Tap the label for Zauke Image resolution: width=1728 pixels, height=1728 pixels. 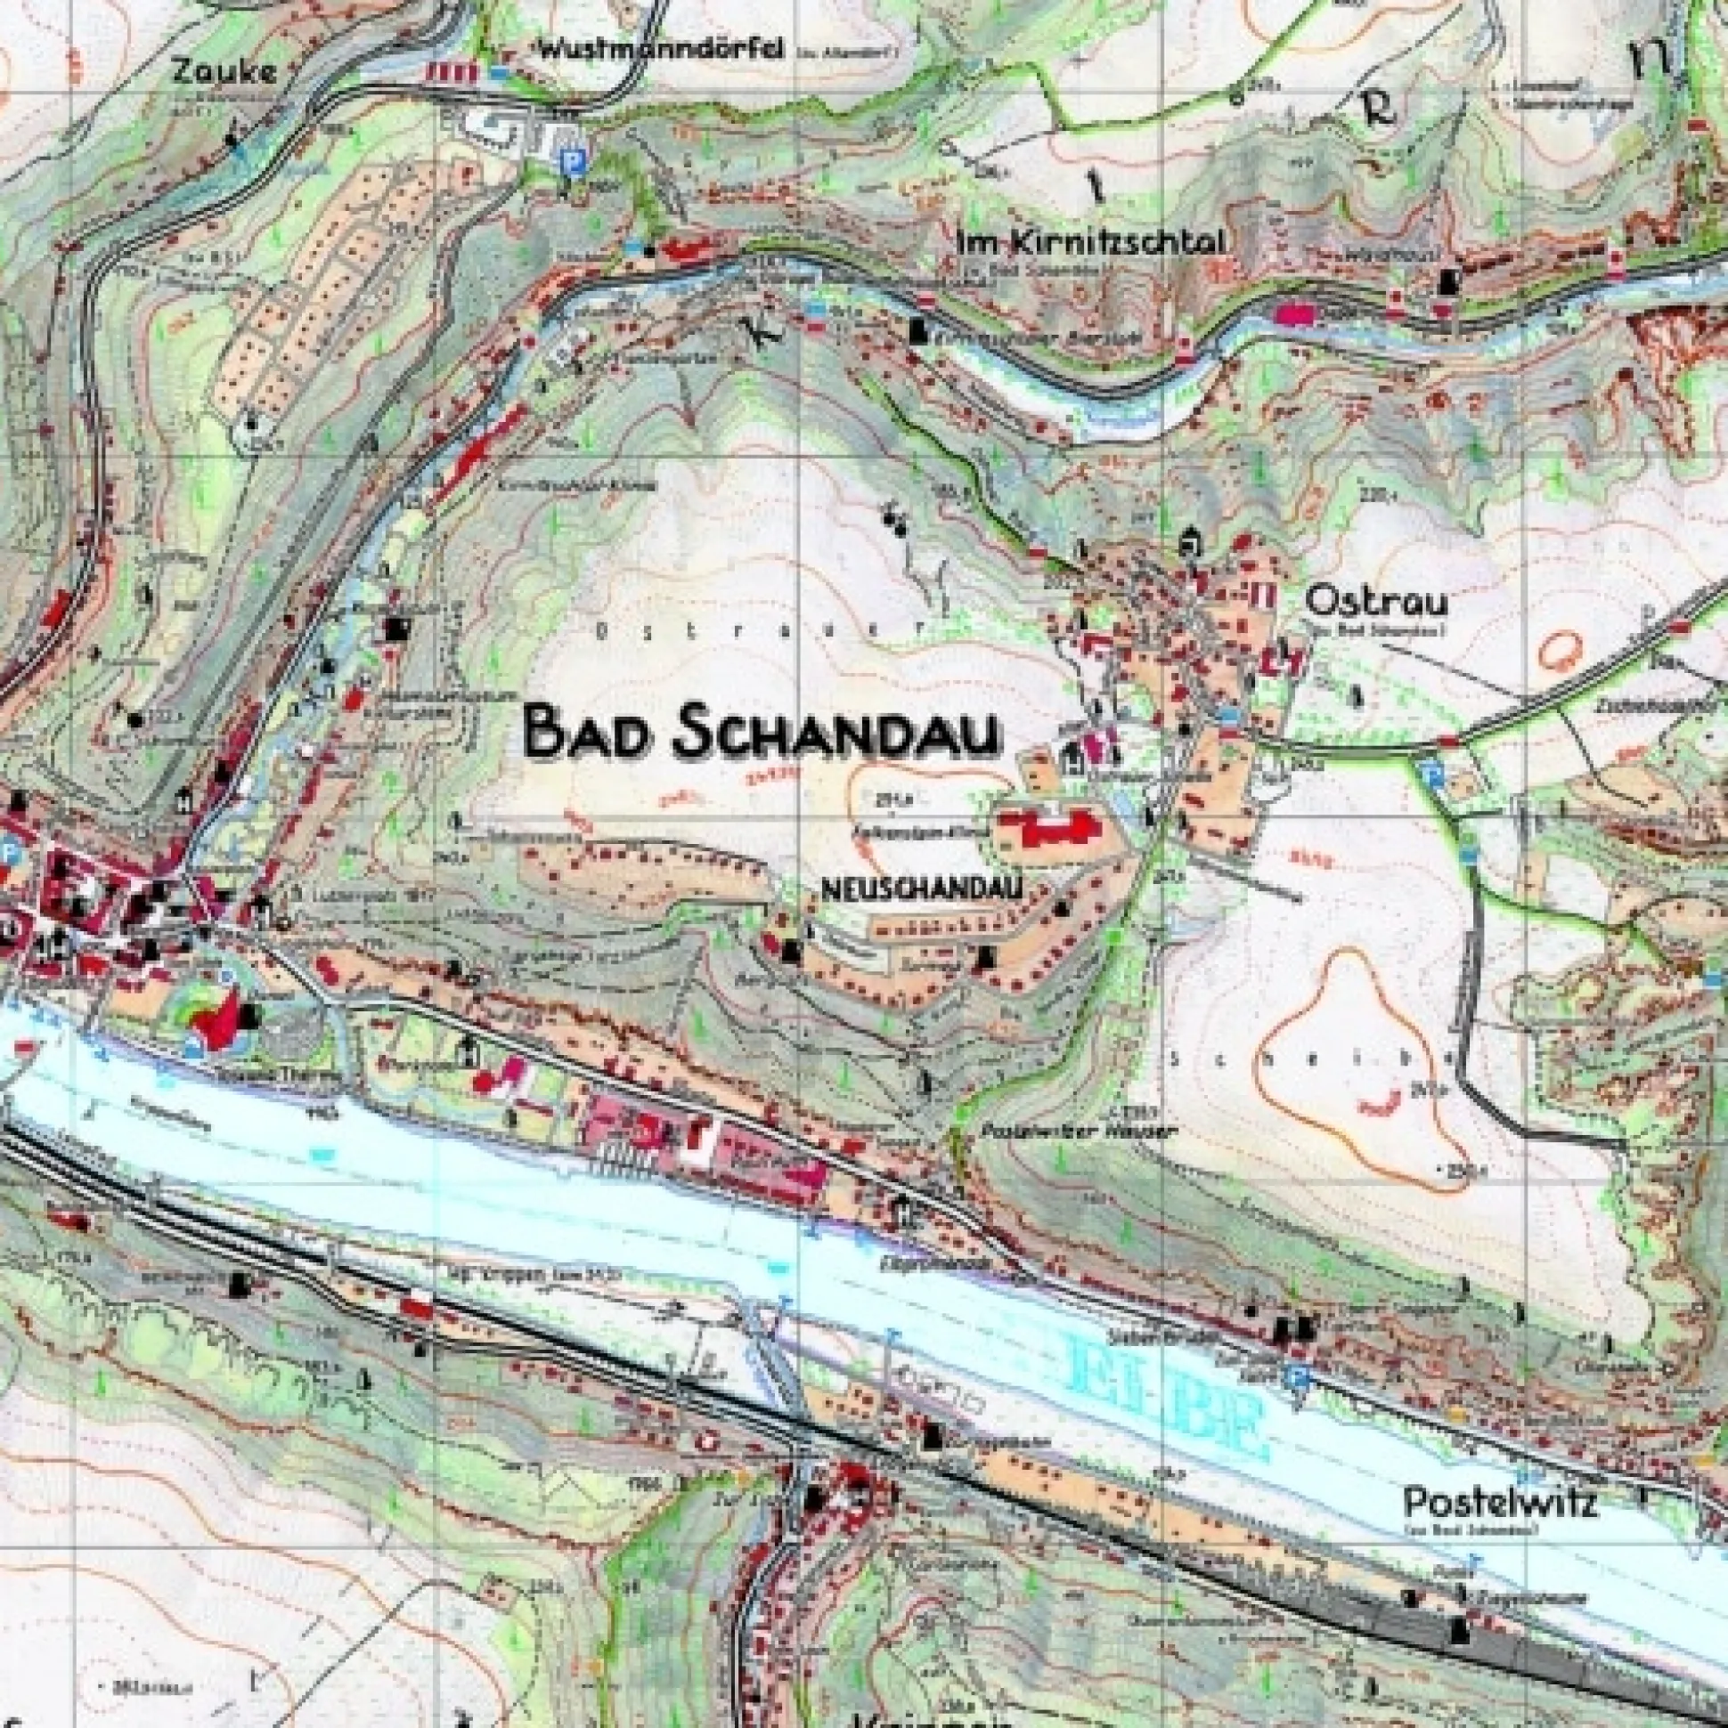click(225, 71)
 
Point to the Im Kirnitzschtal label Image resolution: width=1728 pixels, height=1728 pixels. click(1090, 241)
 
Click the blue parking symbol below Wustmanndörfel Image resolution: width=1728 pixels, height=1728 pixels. click(568, 160)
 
